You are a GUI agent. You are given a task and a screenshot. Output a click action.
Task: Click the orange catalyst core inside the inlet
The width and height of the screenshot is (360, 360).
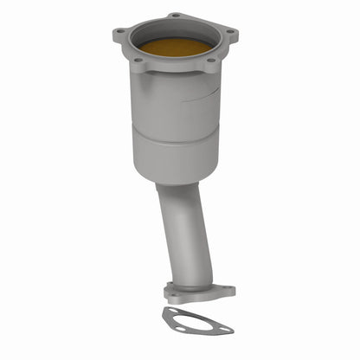click(176, 45)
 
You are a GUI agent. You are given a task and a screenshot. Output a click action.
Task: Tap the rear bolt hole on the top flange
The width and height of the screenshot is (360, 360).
click(177, 16)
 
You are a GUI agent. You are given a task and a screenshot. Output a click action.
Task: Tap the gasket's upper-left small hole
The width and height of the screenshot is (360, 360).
click(173, 312)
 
